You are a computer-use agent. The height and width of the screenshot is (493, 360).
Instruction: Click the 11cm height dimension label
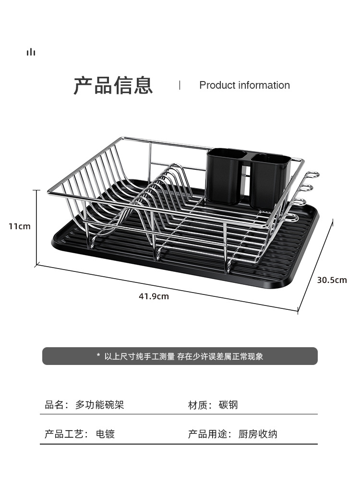19,226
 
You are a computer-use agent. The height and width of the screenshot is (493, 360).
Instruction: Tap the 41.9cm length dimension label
154,296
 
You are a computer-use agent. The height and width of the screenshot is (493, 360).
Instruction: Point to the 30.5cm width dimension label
332,280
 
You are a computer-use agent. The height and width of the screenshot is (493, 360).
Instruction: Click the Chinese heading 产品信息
113,85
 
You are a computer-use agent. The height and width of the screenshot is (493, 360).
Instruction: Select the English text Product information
244,85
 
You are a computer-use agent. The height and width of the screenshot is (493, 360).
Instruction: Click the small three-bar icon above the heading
31,52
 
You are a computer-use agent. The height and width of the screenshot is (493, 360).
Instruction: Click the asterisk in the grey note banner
98,356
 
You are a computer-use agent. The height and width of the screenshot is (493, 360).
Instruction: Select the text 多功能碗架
99,405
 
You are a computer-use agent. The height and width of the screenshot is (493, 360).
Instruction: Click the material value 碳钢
228,405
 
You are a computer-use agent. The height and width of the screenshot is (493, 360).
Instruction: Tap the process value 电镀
105,434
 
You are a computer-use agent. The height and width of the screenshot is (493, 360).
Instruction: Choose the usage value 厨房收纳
258,434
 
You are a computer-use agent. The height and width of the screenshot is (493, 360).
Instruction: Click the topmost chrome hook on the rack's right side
313,175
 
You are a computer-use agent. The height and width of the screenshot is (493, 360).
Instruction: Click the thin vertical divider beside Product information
180,85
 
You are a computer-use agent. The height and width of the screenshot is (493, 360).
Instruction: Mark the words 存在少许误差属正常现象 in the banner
220,356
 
